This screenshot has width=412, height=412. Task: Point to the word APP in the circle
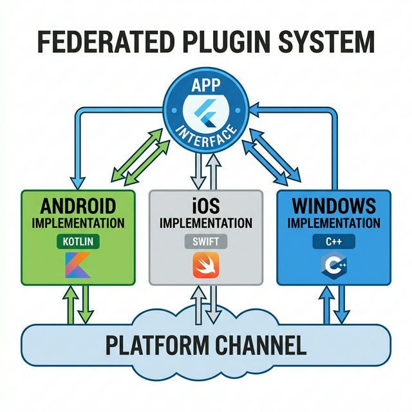click(206, 86)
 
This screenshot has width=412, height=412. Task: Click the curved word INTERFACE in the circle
click(206, 136)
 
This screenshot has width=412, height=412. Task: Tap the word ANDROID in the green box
click(78, 207)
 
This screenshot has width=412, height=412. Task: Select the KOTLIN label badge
click(78, 243)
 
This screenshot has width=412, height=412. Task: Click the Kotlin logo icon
click(78, 266)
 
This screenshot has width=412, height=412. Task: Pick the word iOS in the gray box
click(205, 207)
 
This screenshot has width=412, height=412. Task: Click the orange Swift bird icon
click(205, 265)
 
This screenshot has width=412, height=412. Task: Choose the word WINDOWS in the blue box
click(333, 207)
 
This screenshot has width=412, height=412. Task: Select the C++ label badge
click(333, 243)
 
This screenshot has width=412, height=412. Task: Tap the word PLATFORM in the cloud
click(159, 346)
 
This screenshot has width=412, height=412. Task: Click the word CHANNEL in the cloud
click(265, 346)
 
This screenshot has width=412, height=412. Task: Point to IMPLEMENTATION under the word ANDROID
click(78, 223)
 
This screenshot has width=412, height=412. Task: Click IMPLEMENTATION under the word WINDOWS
click(333, 223)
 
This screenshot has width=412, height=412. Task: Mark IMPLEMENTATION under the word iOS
click(205, 223)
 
